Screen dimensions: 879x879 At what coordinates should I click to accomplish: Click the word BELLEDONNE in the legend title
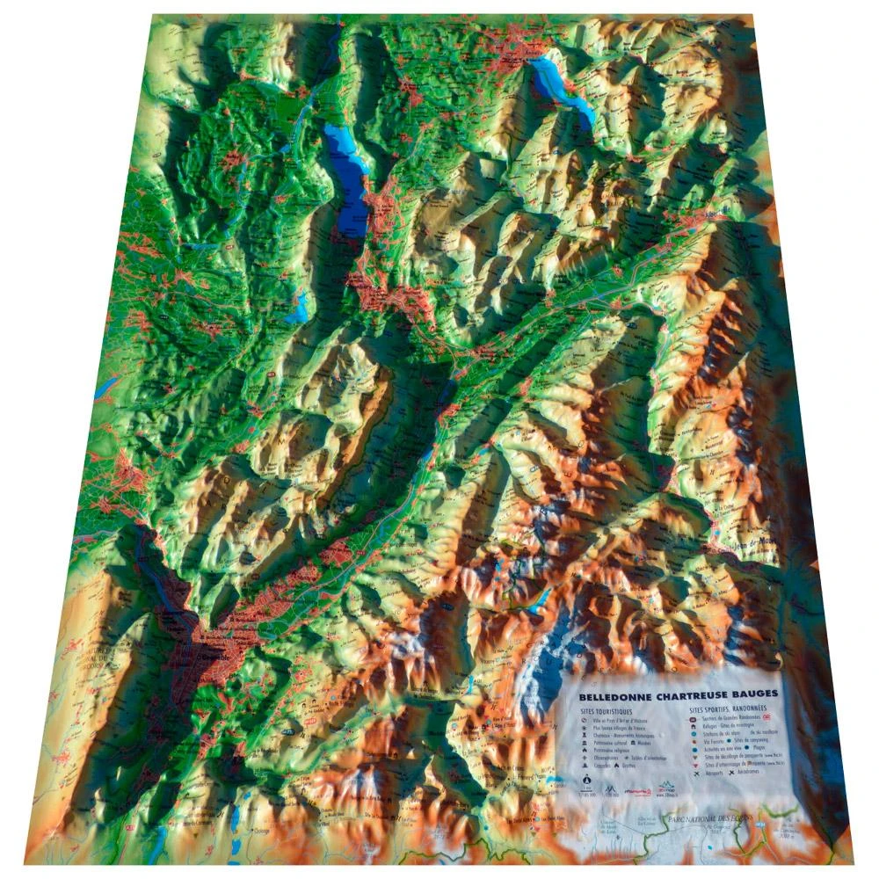point(614,695)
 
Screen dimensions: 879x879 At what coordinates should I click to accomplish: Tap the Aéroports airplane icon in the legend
point(695,774)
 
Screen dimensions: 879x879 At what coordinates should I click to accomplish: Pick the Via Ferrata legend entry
point(703,745)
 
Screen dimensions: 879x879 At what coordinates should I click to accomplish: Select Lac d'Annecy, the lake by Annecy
point(563,84)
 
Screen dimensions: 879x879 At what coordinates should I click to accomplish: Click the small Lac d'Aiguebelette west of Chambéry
point(300,307)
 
